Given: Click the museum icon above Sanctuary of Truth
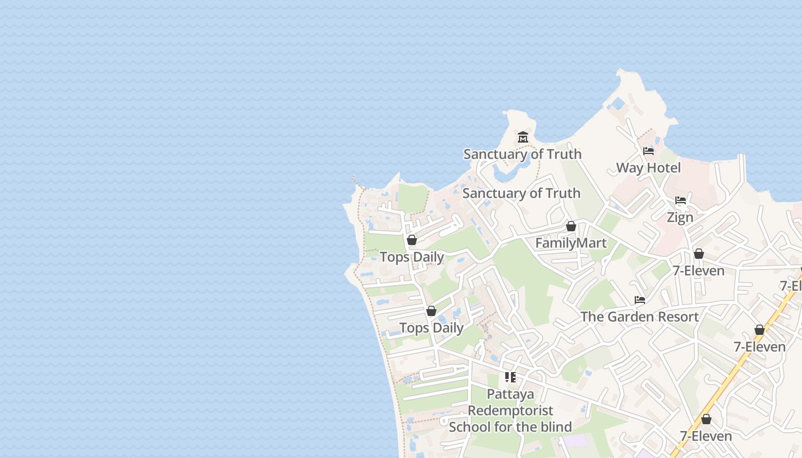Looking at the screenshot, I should coord(522,137).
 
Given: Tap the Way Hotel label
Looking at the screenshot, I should coord(648,168).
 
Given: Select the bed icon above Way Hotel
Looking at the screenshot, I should coord(648,151).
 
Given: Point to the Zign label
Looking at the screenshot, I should coord(680,218).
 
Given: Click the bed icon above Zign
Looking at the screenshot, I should coord(681,200).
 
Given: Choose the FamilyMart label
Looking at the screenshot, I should coord(571,243).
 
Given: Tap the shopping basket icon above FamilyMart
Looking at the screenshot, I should coord(571,226).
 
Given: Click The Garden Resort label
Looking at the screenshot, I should coord(639,317).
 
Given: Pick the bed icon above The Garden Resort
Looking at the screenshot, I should coord(640,300).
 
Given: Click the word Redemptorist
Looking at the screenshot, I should coord(510,410).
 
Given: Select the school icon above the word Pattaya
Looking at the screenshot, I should coord(510,377).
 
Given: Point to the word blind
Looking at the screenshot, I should coord(555,427).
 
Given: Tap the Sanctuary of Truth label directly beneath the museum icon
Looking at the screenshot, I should coord(522,154).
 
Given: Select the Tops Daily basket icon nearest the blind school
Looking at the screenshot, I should coord(431,311).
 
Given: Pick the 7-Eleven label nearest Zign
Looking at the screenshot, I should coord(698,271).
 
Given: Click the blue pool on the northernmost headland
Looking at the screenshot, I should coord(618,104).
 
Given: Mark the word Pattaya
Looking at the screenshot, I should coord(510,394).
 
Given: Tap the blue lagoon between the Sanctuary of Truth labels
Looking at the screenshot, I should coord(507,171).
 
